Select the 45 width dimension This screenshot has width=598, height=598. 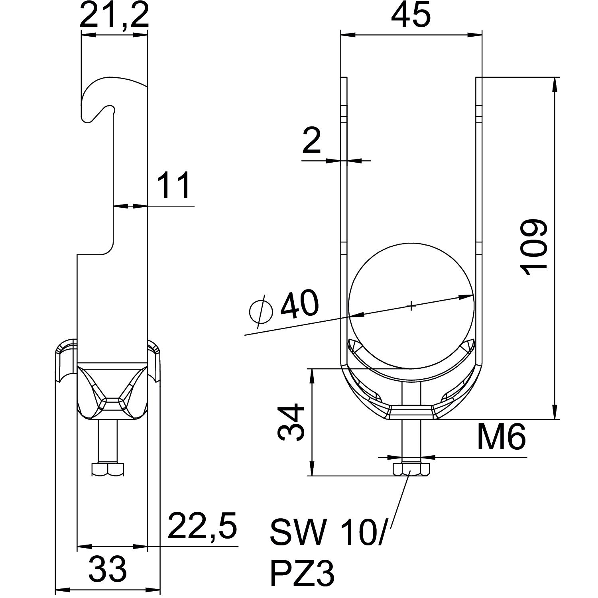click(x=411, y=15)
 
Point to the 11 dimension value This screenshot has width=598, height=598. click(x=173, y=185)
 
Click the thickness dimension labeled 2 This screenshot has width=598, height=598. click(x=312, y=140)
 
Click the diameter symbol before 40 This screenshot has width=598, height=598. click(x=261, y=311)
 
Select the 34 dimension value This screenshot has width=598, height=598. click(x=291, y=422)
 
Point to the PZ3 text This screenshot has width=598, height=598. click(x=302, y=573)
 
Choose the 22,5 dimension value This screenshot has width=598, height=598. click(x=202, y=525)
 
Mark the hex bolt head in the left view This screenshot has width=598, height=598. click(x=108, y=469)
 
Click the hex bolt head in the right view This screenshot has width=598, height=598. click(x=411, y=469)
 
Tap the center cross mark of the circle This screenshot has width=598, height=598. click(x=411, y=306)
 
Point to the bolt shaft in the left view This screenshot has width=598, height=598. click(x=108, y=441)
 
